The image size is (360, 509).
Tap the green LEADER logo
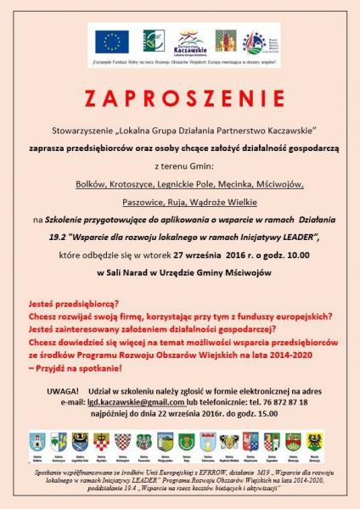152,41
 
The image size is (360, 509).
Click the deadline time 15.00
267,413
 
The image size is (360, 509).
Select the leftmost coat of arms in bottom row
36,442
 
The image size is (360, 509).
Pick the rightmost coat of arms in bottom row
315,442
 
